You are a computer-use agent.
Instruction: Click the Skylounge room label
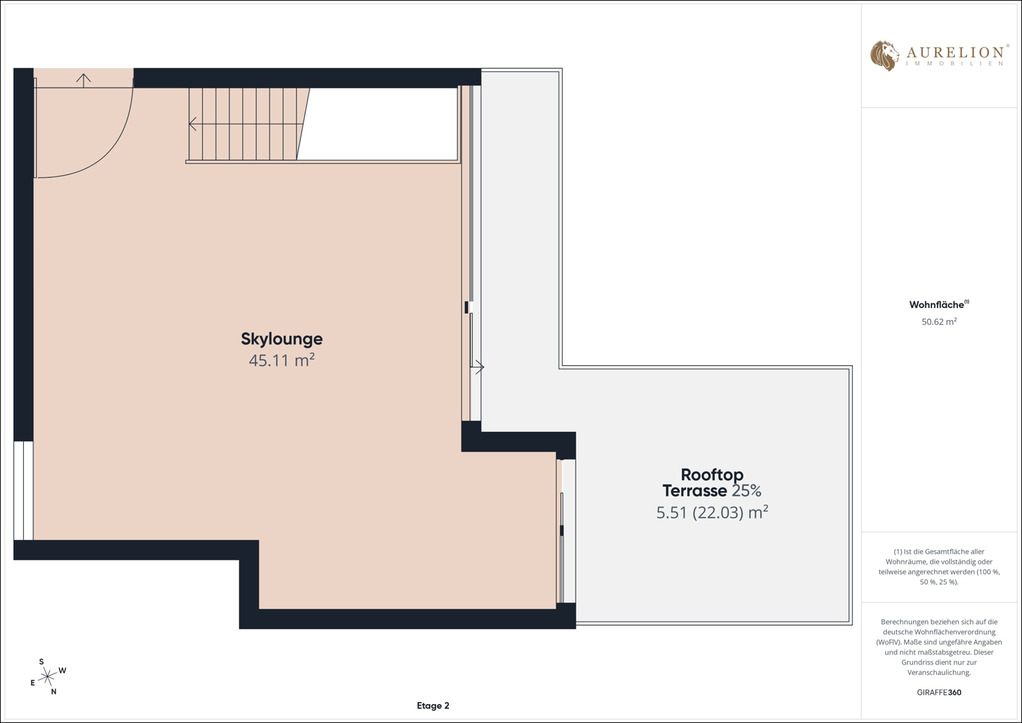[282, 339]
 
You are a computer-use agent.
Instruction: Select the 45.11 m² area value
[282, 360]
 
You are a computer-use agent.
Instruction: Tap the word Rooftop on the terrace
[712, 475]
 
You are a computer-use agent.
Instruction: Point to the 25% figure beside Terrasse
[747, 491]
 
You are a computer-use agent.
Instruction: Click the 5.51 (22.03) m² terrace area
[712, 513]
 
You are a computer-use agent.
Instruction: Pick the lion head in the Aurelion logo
[885, 56]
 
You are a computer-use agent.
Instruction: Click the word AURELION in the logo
[955, 52]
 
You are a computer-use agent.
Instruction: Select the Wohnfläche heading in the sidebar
[936, 305]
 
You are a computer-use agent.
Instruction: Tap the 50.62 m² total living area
[939, 322]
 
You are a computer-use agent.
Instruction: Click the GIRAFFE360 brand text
[939, 692]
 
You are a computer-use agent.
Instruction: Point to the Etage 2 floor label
[433, 706]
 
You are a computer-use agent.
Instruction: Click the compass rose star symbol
[47, 676]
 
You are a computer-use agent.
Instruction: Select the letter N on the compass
[53, 692]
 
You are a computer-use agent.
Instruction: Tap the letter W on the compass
[63, 671]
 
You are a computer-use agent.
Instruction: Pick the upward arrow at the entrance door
[84, 81]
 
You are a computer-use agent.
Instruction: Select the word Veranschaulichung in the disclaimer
[939, 673]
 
